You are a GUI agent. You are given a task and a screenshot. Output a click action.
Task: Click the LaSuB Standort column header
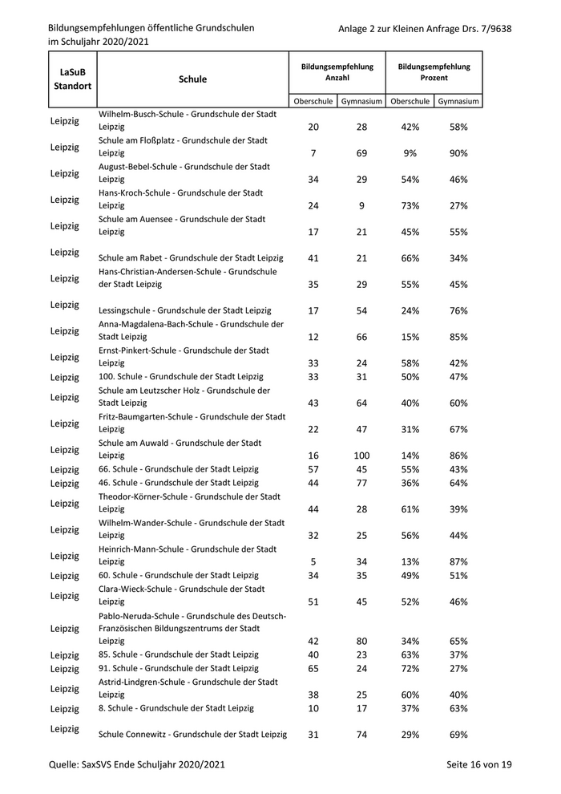pos(70,79)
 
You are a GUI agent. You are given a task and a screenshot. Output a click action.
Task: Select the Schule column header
pos(192,79)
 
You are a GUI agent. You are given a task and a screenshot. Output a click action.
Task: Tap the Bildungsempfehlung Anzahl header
pos(337,73)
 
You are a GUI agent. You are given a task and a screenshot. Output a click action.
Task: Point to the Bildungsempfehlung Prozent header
pos(434,73)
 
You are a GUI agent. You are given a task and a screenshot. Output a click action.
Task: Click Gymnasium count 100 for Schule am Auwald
pos(361,456)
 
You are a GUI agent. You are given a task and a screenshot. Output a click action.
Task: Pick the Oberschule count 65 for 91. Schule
pos(313,668)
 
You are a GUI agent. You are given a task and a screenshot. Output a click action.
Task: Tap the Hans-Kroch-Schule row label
pos(184,200)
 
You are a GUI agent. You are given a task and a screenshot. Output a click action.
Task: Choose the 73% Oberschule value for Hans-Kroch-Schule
pos(410,206)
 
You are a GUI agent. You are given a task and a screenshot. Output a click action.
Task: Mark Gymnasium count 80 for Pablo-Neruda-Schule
pos(361,642)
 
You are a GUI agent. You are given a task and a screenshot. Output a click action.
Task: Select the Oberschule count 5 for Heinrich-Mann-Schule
pos(313,561)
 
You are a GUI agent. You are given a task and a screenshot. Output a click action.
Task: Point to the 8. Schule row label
pos(176,708)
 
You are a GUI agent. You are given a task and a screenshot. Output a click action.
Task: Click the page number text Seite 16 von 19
pos(478,765)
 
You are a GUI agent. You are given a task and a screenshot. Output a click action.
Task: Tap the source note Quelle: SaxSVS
pos(136,765)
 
